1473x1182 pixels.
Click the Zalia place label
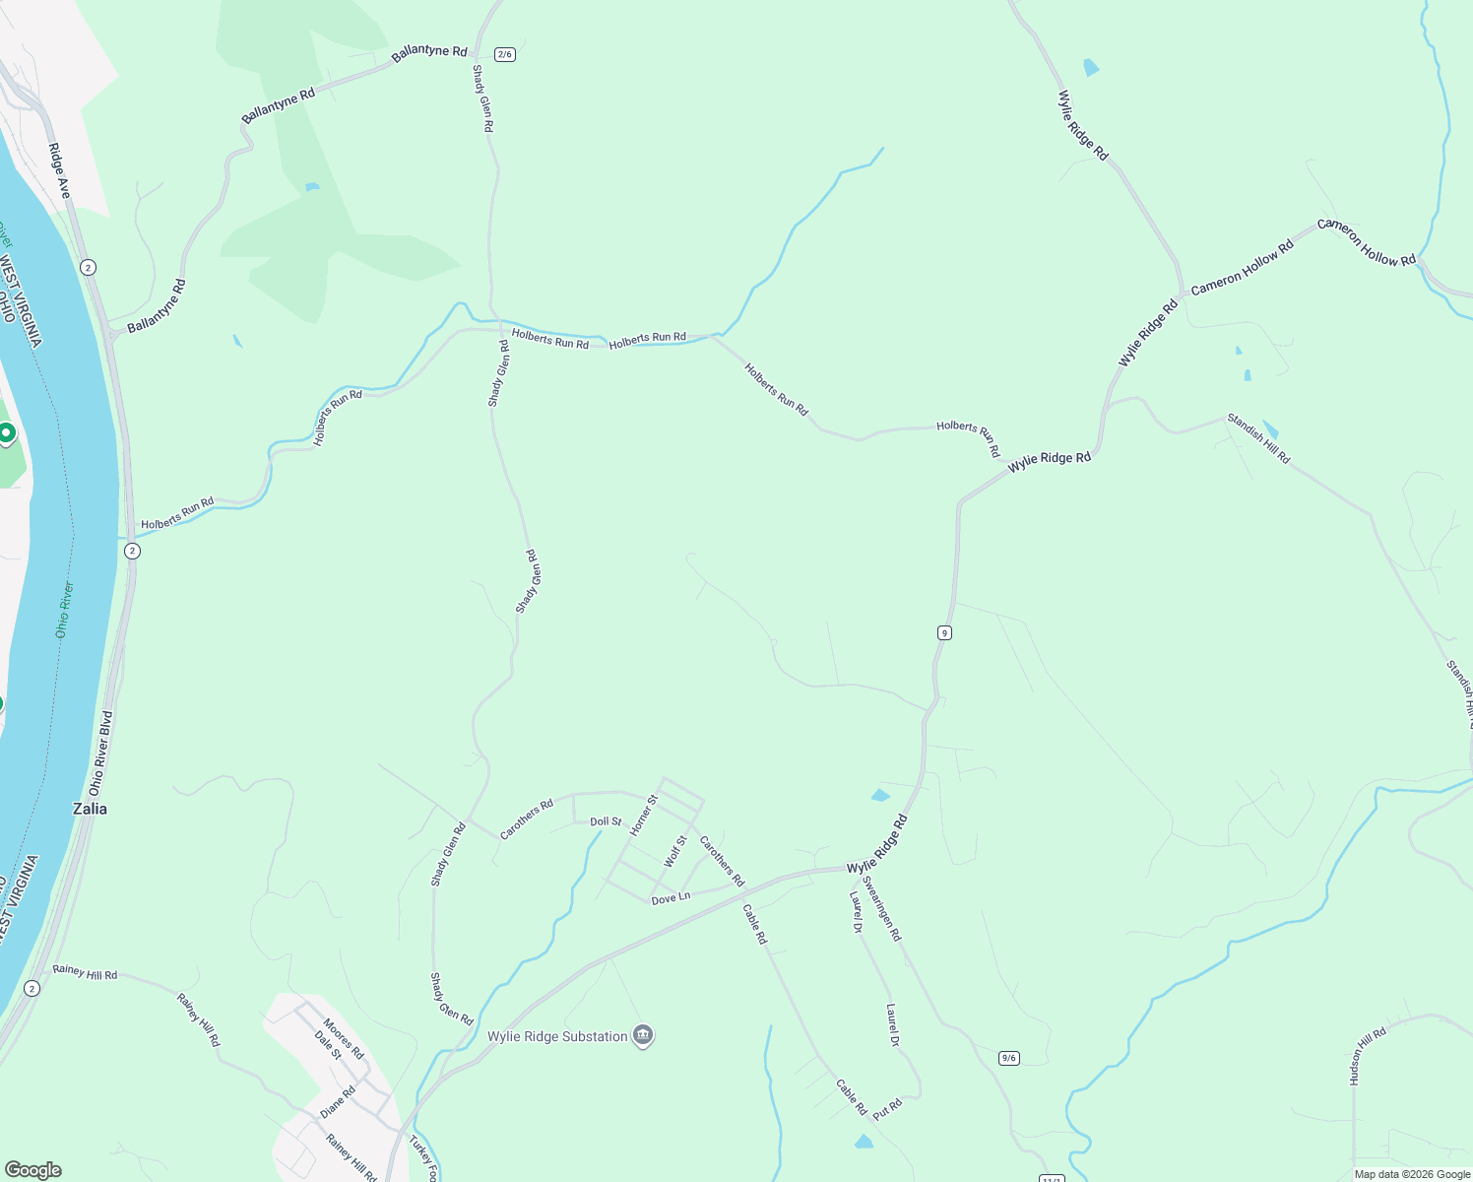(91, 809)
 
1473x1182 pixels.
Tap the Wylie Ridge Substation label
(557, 1036)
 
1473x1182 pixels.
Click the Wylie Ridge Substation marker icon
(643, 1035)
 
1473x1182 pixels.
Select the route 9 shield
(944, 632)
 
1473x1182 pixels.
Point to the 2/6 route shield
(505, 54)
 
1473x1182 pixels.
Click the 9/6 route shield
(1008, 1058)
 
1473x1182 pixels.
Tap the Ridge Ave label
(60, 170)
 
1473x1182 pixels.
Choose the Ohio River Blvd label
(101, 753)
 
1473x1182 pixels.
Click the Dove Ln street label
(671, 897)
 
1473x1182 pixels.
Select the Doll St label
(606, 821)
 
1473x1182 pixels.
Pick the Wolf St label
(675, 851)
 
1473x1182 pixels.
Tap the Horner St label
(643, 815)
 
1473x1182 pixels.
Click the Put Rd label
(887, 1108)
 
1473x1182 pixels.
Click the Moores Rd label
(344, 1039)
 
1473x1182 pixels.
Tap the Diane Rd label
(338, 1102)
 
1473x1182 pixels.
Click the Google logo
(32, 1170)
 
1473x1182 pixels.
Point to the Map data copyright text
(1412, 1174)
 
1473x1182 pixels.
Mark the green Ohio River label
(64, 610)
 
